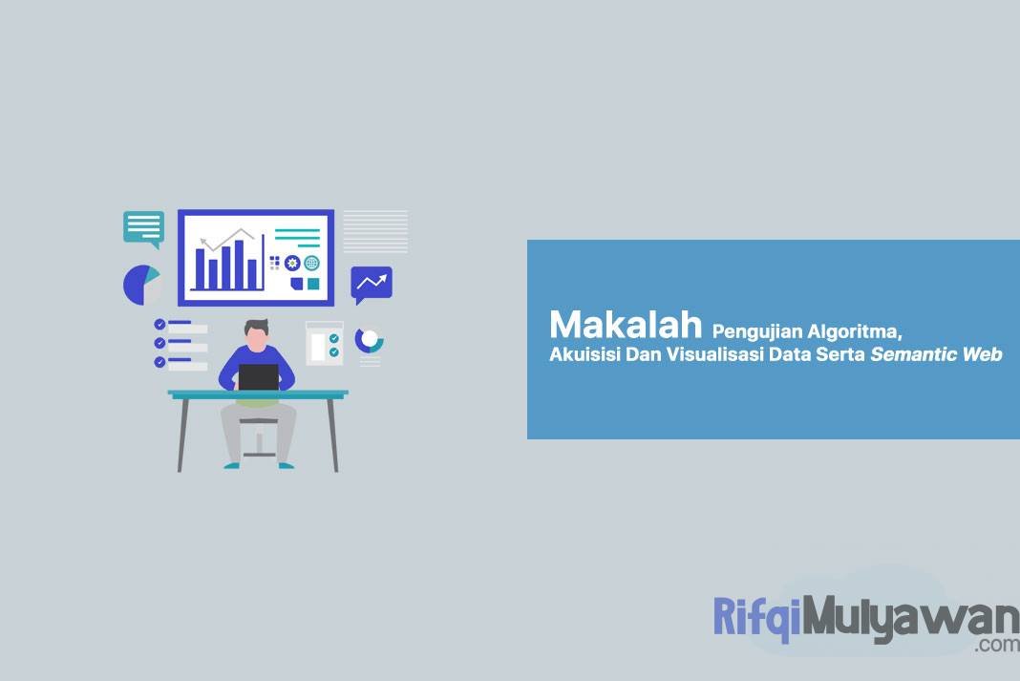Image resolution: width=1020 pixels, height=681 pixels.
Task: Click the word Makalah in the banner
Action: pos(626,326)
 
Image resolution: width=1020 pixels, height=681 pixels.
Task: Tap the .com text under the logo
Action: pos(997,645)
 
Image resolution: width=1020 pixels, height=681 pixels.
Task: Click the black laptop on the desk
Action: pos(259,376)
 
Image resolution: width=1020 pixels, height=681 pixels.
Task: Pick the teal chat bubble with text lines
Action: pos(143,227)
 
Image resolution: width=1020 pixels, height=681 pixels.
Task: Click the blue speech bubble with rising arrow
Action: pos(371,283)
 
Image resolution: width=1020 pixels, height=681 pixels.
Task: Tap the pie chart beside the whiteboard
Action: pos(141,285)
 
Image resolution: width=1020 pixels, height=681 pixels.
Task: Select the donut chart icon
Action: pos(369,339)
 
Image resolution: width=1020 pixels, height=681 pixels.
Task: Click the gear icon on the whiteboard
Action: pos(292,263)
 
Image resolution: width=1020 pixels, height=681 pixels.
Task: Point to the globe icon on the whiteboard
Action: pos(311,263)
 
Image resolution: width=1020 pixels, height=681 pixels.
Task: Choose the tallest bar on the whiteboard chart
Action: pos(239,263)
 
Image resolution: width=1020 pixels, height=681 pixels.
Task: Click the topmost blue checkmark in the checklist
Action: pos(159,325)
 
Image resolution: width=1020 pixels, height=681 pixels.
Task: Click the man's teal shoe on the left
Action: pos(231,465)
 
